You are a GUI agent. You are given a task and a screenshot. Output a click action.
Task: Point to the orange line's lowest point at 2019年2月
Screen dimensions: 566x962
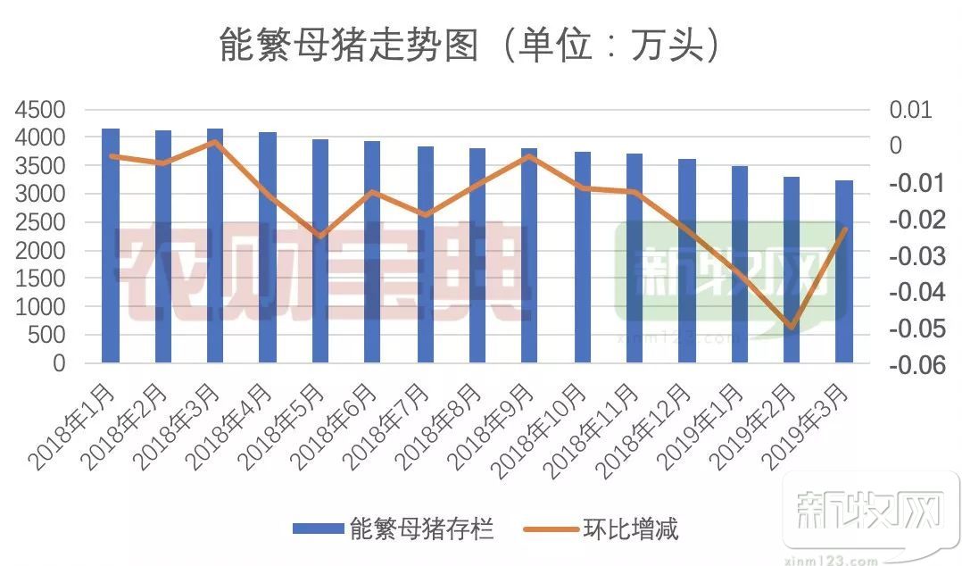tap(791, 328)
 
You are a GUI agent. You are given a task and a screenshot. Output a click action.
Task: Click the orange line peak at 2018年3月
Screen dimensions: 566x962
tap(215, 141)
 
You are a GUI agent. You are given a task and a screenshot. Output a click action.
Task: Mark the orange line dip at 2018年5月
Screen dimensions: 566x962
tap(320, 237)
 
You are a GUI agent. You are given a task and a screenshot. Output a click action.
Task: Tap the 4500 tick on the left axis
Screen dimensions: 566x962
tap(40, 110)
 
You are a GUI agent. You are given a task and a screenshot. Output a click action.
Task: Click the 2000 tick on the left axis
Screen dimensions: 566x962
tap(40, 251)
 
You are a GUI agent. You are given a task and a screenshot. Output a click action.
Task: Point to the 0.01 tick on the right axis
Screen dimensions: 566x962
tap(910, 110)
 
